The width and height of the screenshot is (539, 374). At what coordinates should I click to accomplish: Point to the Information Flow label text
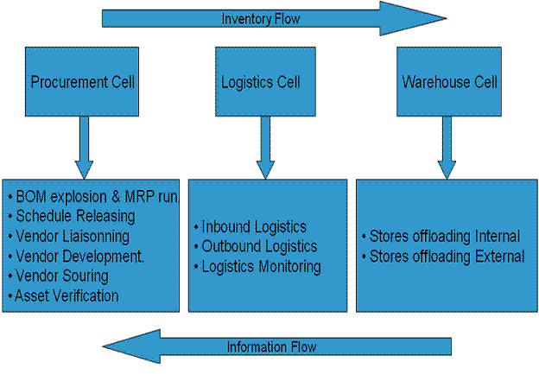tap(271, 347)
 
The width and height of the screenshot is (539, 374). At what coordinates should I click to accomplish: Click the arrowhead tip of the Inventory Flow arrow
tap(445, 18)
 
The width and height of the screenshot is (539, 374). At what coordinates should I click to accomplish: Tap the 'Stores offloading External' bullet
tap(443, 257)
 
